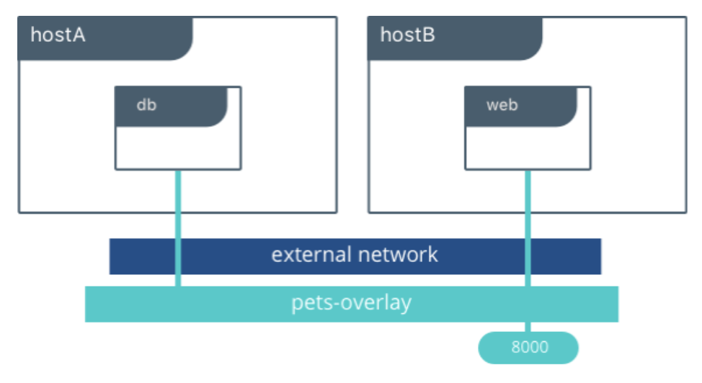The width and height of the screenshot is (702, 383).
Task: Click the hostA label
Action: coord(58,35)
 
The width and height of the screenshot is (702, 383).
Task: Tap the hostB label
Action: coord(407,35)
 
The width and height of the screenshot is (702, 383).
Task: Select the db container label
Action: coord(146,105)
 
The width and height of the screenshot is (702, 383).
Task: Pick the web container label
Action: coord(502,105)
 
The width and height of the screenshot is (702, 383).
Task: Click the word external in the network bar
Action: coord(310,255)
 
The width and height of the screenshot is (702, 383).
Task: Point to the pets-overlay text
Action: coord(351,302)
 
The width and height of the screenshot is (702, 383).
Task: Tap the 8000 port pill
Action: coord(529,348)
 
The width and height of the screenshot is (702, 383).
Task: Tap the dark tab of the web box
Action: coord(548,106)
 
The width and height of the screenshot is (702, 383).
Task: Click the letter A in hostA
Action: coord(79,35)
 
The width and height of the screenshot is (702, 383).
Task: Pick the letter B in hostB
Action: coord(428,35)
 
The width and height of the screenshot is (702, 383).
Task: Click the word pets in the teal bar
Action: coord(309,303)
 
